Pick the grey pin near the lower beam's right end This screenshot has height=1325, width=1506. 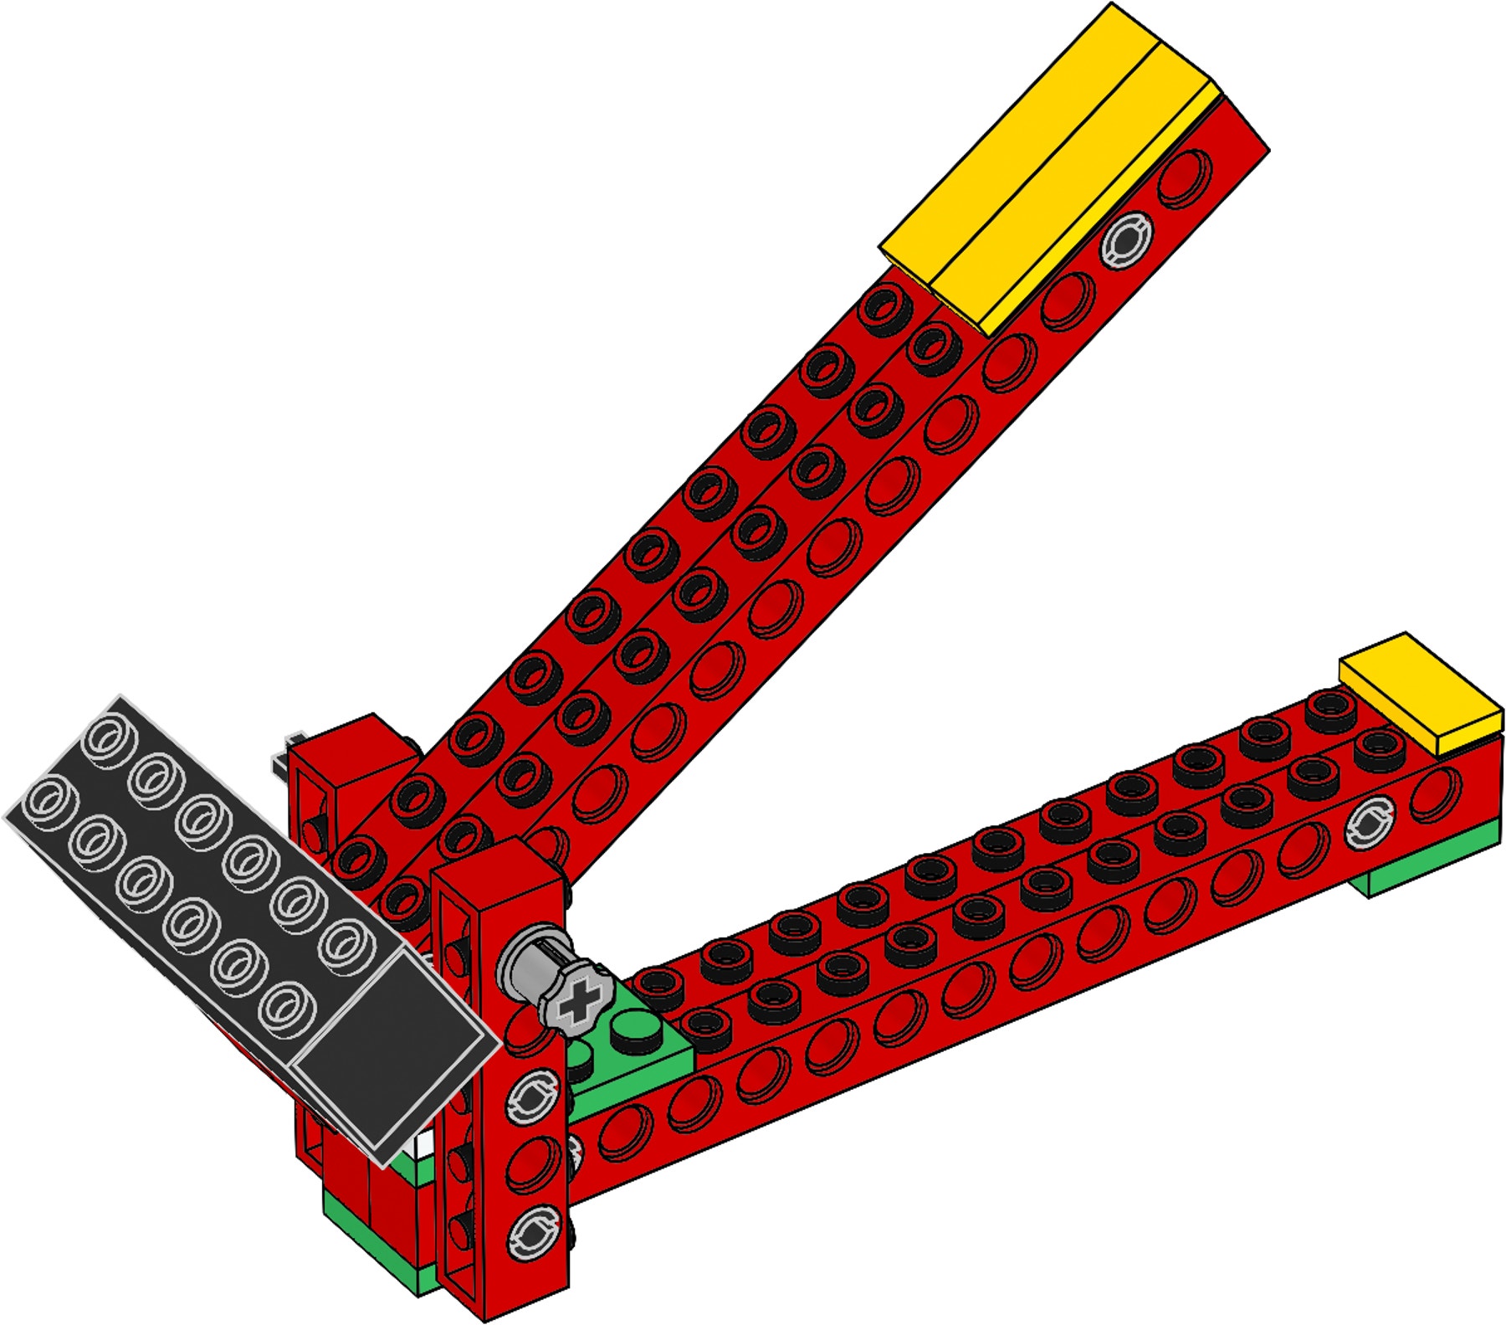1370,819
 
